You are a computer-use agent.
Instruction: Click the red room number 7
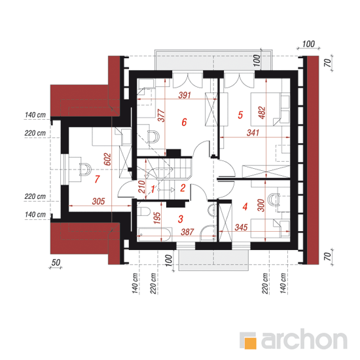97,179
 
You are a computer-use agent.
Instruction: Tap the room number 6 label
184,122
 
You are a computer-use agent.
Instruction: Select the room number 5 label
240,115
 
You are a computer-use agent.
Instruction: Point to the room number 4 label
245,206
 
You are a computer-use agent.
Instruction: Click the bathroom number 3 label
181,219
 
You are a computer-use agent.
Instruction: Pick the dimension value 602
107,159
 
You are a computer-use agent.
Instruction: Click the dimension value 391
185,95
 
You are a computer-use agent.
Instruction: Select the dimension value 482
262,113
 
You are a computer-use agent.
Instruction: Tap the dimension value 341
253,133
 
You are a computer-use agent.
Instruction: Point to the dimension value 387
187,232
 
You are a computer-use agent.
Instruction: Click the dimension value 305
98,202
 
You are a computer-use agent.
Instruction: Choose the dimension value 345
241,227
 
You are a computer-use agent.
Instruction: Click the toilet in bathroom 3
143,211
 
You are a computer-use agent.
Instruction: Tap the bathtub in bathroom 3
154,234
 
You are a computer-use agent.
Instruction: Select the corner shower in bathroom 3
208,233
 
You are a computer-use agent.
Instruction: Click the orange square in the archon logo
250,344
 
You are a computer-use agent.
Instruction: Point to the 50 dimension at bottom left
56,262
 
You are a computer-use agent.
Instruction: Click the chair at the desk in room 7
85,170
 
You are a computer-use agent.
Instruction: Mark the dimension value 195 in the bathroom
157,218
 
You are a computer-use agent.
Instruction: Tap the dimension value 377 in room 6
162,115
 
